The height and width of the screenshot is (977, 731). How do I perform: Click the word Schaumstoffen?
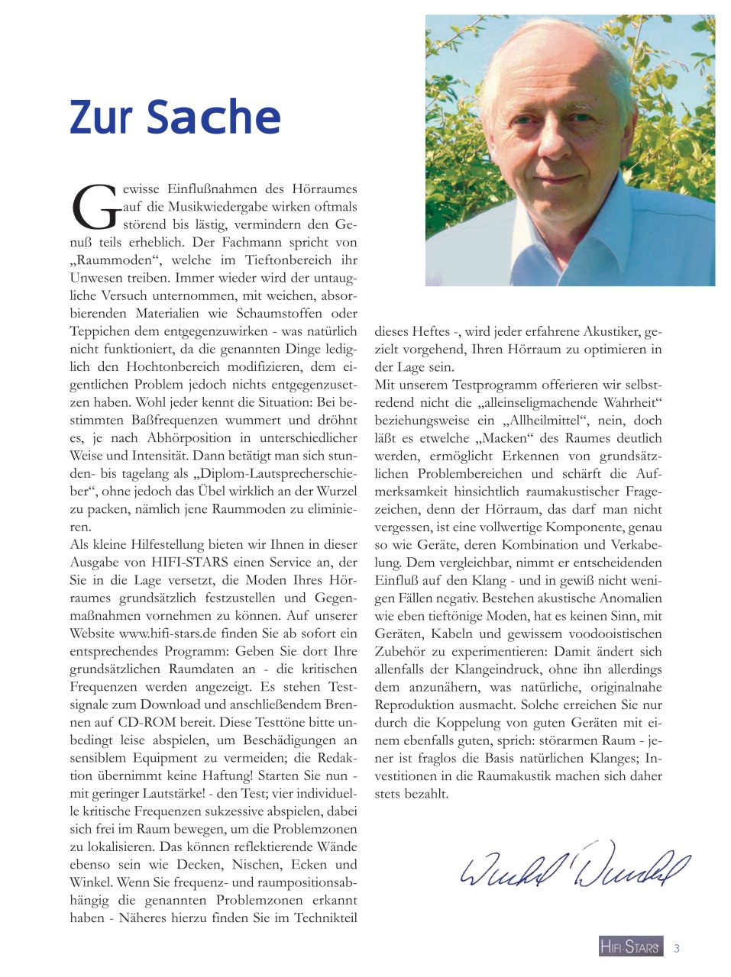point(280,314)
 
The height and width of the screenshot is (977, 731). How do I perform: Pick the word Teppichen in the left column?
point(99,331)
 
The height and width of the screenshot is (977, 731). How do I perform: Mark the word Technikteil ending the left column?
point(321,918)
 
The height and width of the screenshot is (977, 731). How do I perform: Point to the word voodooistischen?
point(604,634)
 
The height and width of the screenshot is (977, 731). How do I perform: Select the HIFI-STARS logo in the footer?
point(630,946)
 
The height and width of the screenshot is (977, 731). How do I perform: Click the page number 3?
point(677,948)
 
